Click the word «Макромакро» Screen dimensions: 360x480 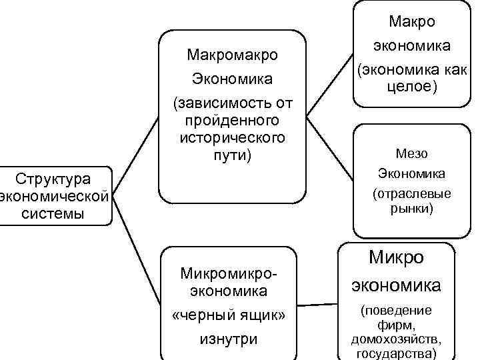pos(231,53)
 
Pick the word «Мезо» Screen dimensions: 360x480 pos(411,154)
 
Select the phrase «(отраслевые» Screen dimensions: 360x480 pos(411,194)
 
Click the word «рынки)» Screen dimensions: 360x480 pos(411,209)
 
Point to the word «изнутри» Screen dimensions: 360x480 pos(229,339)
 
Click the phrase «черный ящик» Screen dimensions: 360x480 pos(229,315)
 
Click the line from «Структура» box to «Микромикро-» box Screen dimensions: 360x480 pos(136,246)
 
